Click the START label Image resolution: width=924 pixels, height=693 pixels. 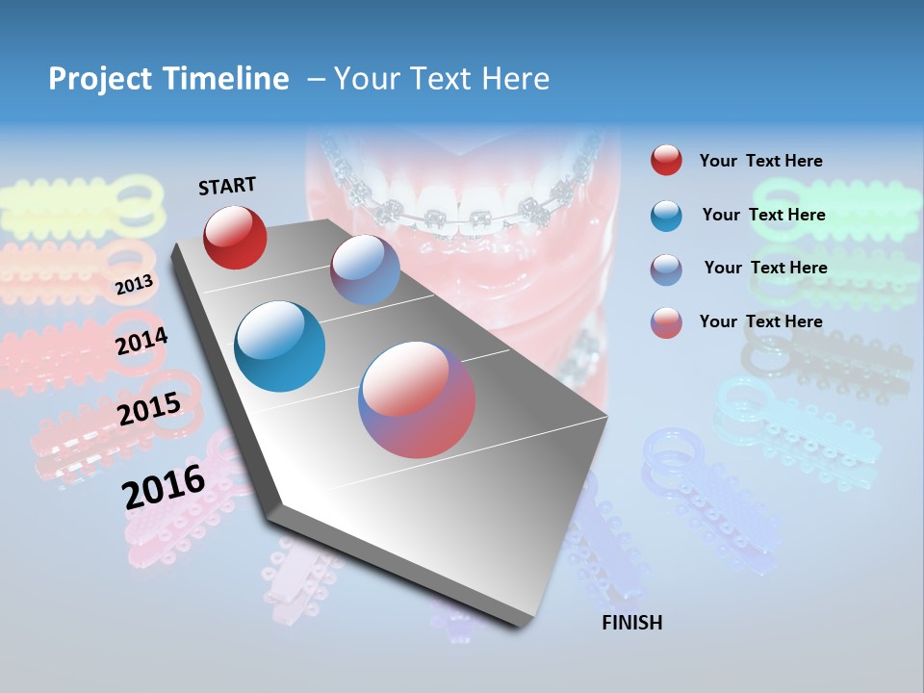click(227, 186)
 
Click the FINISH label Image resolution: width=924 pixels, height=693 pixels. click(631, 623)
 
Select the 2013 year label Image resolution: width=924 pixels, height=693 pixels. click(134, 284)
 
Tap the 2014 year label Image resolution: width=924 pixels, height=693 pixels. click(141, 341)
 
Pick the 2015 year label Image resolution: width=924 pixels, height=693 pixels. click(149, 409)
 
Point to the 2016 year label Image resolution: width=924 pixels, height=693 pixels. click(164, 486)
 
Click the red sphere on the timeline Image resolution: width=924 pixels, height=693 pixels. click(235, 237)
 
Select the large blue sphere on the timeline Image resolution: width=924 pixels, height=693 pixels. click(279, 346)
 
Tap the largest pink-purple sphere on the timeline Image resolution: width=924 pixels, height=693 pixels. click(417, 399)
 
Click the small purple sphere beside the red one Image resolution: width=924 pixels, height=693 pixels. click(365, 269)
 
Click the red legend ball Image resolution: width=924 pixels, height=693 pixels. click(666, 161)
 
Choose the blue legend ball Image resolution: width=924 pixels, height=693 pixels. click(666, 215)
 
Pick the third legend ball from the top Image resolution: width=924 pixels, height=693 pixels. click(666, 269)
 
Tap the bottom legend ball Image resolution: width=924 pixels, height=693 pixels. click(666, 322)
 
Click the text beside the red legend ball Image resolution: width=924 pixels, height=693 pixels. click(760, 161)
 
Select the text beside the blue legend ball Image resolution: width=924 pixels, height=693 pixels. click(763, 215)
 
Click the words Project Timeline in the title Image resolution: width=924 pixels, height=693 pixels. click(168, 79)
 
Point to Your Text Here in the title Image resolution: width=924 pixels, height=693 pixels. click(441, 79)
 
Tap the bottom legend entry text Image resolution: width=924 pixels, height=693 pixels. click(760, 321)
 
